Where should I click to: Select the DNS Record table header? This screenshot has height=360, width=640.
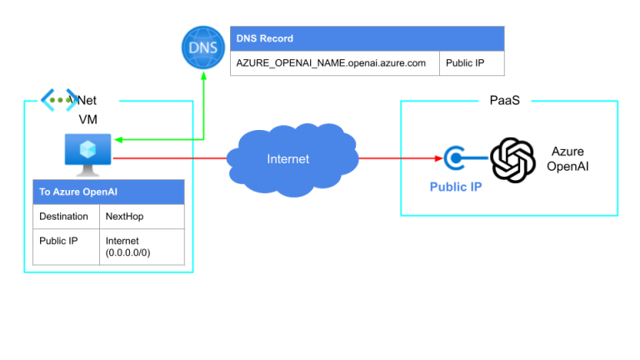367,38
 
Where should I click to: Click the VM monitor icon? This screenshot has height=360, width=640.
83,152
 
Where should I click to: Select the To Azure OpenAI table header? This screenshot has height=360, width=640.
108,192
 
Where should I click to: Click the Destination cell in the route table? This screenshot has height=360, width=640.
64,217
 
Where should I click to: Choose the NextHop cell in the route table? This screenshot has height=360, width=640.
142,217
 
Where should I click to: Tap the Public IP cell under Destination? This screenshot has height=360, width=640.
64,247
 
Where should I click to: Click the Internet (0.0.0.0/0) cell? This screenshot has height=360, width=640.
142,247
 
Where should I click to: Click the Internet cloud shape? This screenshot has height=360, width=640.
287,157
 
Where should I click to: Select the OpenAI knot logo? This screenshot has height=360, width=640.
512,158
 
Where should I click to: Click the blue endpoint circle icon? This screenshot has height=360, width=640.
455,157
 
